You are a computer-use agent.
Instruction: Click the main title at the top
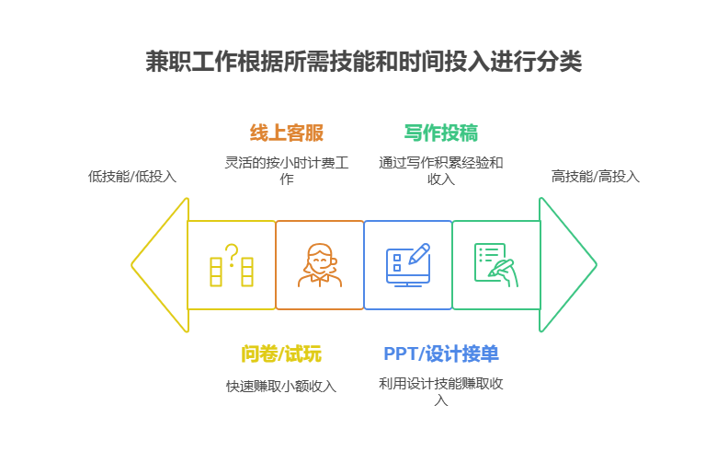click(363, 62)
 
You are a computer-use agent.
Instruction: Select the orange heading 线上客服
click(287, 133)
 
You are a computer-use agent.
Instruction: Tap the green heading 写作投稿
click(440, 133)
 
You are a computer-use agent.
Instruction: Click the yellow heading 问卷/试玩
click(281, 354)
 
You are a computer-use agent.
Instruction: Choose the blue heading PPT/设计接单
click(441, 354)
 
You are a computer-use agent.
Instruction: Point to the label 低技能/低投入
click(131, 176)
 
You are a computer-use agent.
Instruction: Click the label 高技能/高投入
click(595, 176)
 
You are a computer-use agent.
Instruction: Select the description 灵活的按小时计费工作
click(287, 170)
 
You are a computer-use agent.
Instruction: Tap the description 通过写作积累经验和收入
click(440, 170)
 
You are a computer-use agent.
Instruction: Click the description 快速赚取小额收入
click(281, 387)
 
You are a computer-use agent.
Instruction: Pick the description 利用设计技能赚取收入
click(440, 391)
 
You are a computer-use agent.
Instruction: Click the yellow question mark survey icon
click(232, 265)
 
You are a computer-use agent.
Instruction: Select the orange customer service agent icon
click(320, 265)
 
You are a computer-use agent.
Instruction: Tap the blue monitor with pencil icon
click(407, 265)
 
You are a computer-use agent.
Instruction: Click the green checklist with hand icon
click(495, 265)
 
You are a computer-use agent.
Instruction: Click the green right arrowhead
click(567, 265)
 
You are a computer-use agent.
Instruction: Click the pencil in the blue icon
click(419, 253)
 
